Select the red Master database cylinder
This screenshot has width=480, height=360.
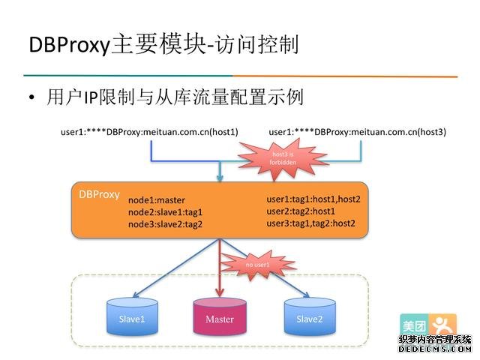[219, 319]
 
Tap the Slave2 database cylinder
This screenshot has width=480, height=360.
[309, 319]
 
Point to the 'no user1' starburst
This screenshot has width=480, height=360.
[257, 264]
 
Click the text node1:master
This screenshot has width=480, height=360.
[156, 200]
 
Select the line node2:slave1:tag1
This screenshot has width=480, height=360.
[165, 212]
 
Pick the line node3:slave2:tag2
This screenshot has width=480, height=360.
[165, 224]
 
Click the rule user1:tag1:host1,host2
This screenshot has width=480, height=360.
[313, 199]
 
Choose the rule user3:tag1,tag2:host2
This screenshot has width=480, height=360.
[310, 223]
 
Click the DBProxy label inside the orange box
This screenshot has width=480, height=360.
[99, 193]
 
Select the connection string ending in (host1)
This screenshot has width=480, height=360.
[149, 132]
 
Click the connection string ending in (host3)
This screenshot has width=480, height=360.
[357, 132]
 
